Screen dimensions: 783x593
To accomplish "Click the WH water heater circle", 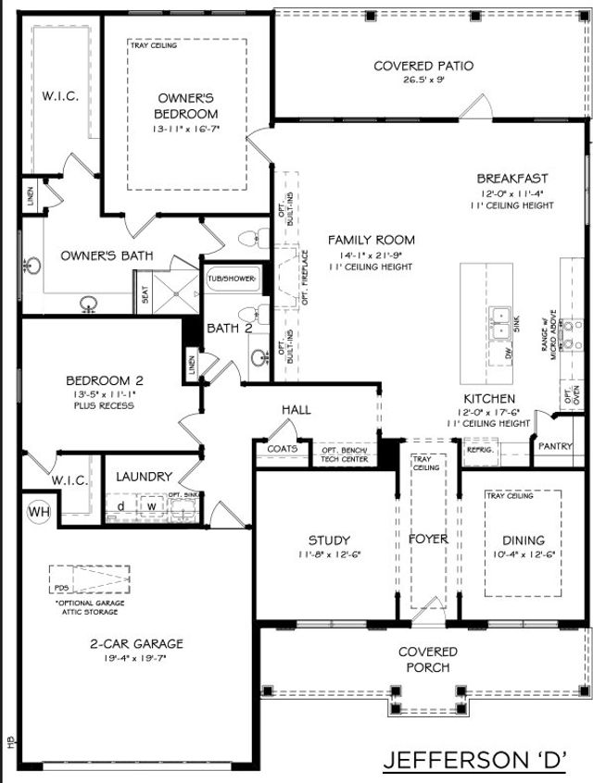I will pos(39,511).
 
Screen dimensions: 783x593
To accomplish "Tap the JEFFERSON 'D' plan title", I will pos(475,760).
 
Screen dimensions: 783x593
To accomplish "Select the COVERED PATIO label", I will pos(423,66).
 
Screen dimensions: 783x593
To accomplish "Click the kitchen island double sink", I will pos(502,320).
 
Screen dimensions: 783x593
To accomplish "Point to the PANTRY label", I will pos(555,446).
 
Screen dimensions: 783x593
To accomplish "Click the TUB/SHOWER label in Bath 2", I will pos(231,277).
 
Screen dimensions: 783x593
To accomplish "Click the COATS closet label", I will pos(282,448).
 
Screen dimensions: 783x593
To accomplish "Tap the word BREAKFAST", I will pos(512,178).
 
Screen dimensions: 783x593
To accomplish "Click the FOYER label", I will pos(429,539).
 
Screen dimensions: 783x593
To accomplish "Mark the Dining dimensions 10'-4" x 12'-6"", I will pos(524,555).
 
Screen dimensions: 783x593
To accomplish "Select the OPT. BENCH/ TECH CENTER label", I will pos(344,454).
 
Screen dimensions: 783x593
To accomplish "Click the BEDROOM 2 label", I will pos(104,379).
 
